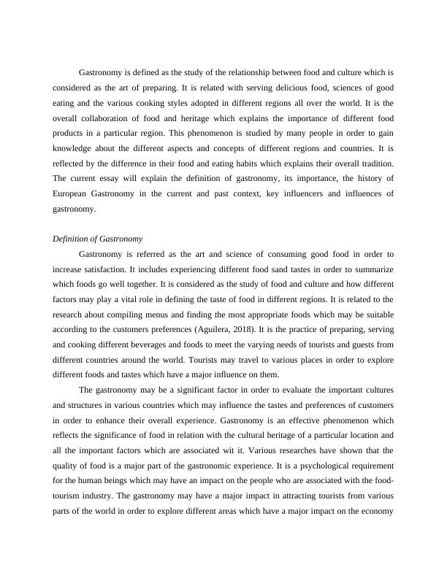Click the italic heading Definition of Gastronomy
pyautogui.click(x=98, y=239)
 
